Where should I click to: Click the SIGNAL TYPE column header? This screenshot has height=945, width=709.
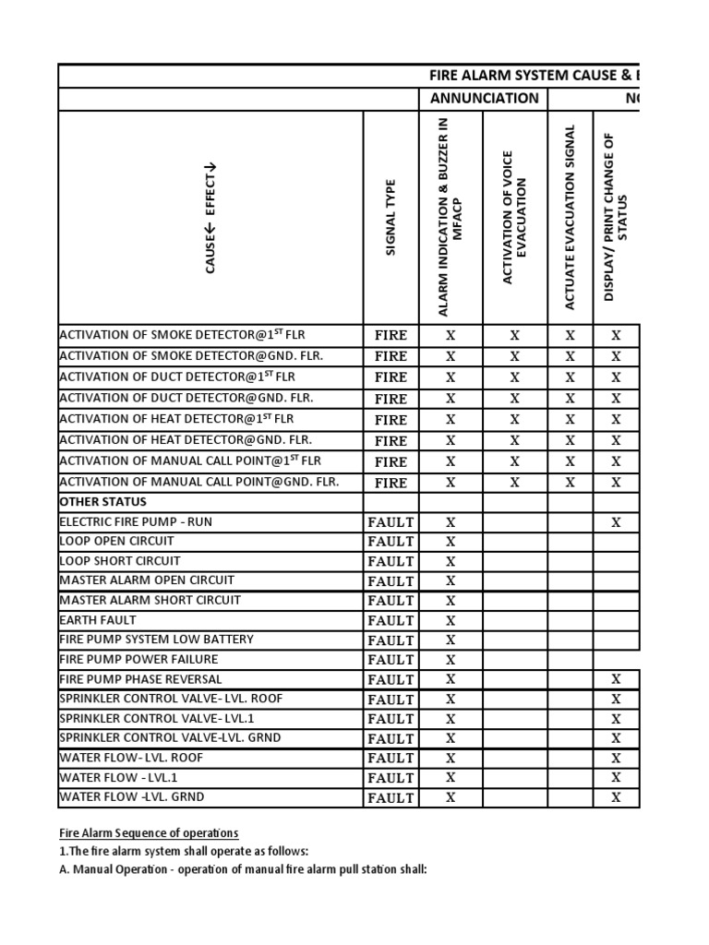click(391, 218)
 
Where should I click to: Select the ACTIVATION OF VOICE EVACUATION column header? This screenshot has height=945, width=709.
click(514, 218)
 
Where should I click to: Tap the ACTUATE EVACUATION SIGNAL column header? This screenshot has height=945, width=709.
click(570, 218)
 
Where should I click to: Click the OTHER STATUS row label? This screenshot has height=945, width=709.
click(102, 502)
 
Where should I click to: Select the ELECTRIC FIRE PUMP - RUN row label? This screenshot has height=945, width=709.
click(136, 521)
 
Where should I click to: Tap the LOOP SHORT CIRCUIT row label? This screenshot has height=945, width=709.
click(120, 560)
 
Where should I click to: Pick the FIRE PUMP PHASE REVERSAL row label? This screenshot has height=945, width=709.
click(140, 678)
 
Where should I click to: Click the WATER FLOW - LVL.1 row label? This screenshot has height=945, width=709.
click(118, 777)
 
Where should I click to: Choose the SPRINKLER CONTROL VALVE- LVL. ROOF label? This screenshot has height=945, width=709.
click(171, 699)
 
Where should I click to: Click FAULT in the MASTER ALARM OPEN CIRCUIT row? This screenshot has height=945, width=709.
click(391, 581)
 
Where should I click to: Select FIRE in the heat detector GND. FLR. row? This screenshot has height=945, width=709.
click(391, 441)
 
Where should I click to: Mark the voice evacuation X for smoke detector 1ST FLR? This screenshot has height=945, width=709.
click(514, 336)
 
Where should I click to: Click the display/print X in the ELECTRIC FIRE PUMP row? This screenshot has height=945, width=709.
click(616, 522)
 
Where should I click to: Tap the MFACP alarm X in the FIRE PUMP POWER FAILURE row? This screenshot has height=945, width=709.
click(451, 660)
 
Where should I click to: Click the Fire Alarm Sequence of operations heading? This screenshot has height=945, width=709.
click(149, 832)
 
